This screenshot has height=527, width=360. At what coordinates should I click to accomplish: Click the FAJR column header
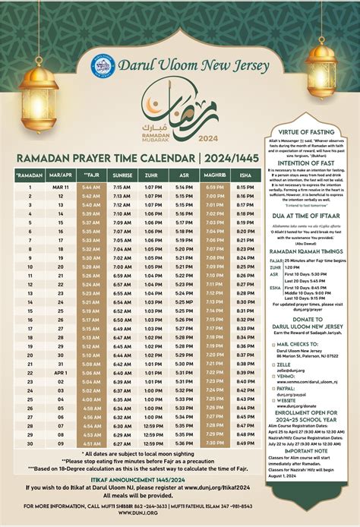[x=90, y=175]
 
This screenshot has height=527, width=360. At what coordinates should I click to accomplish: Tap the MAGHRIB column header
[x=215, y=175]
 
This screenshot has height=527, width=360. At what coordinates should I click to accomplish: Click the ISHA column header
[x=245, y=175]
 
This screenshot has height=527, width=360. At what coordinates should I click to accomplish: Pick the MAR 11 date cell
[x=61, y=187]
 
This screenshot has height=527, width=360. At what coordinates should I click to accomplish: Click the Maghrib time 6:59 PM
[x=215, y=187]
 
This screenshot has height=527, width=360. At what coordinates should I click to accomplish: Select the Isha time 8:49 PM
[x=245, y=443]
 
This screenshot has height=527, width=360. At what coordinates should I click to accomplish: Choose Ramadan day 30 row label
[x=30, y=443]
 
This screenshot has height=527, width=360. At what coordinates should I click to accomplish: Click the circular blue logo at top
[x=103, y=66]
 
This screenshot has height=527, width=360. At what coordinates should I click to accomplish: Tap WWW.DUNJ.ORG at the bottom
[x=151, y=513]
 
